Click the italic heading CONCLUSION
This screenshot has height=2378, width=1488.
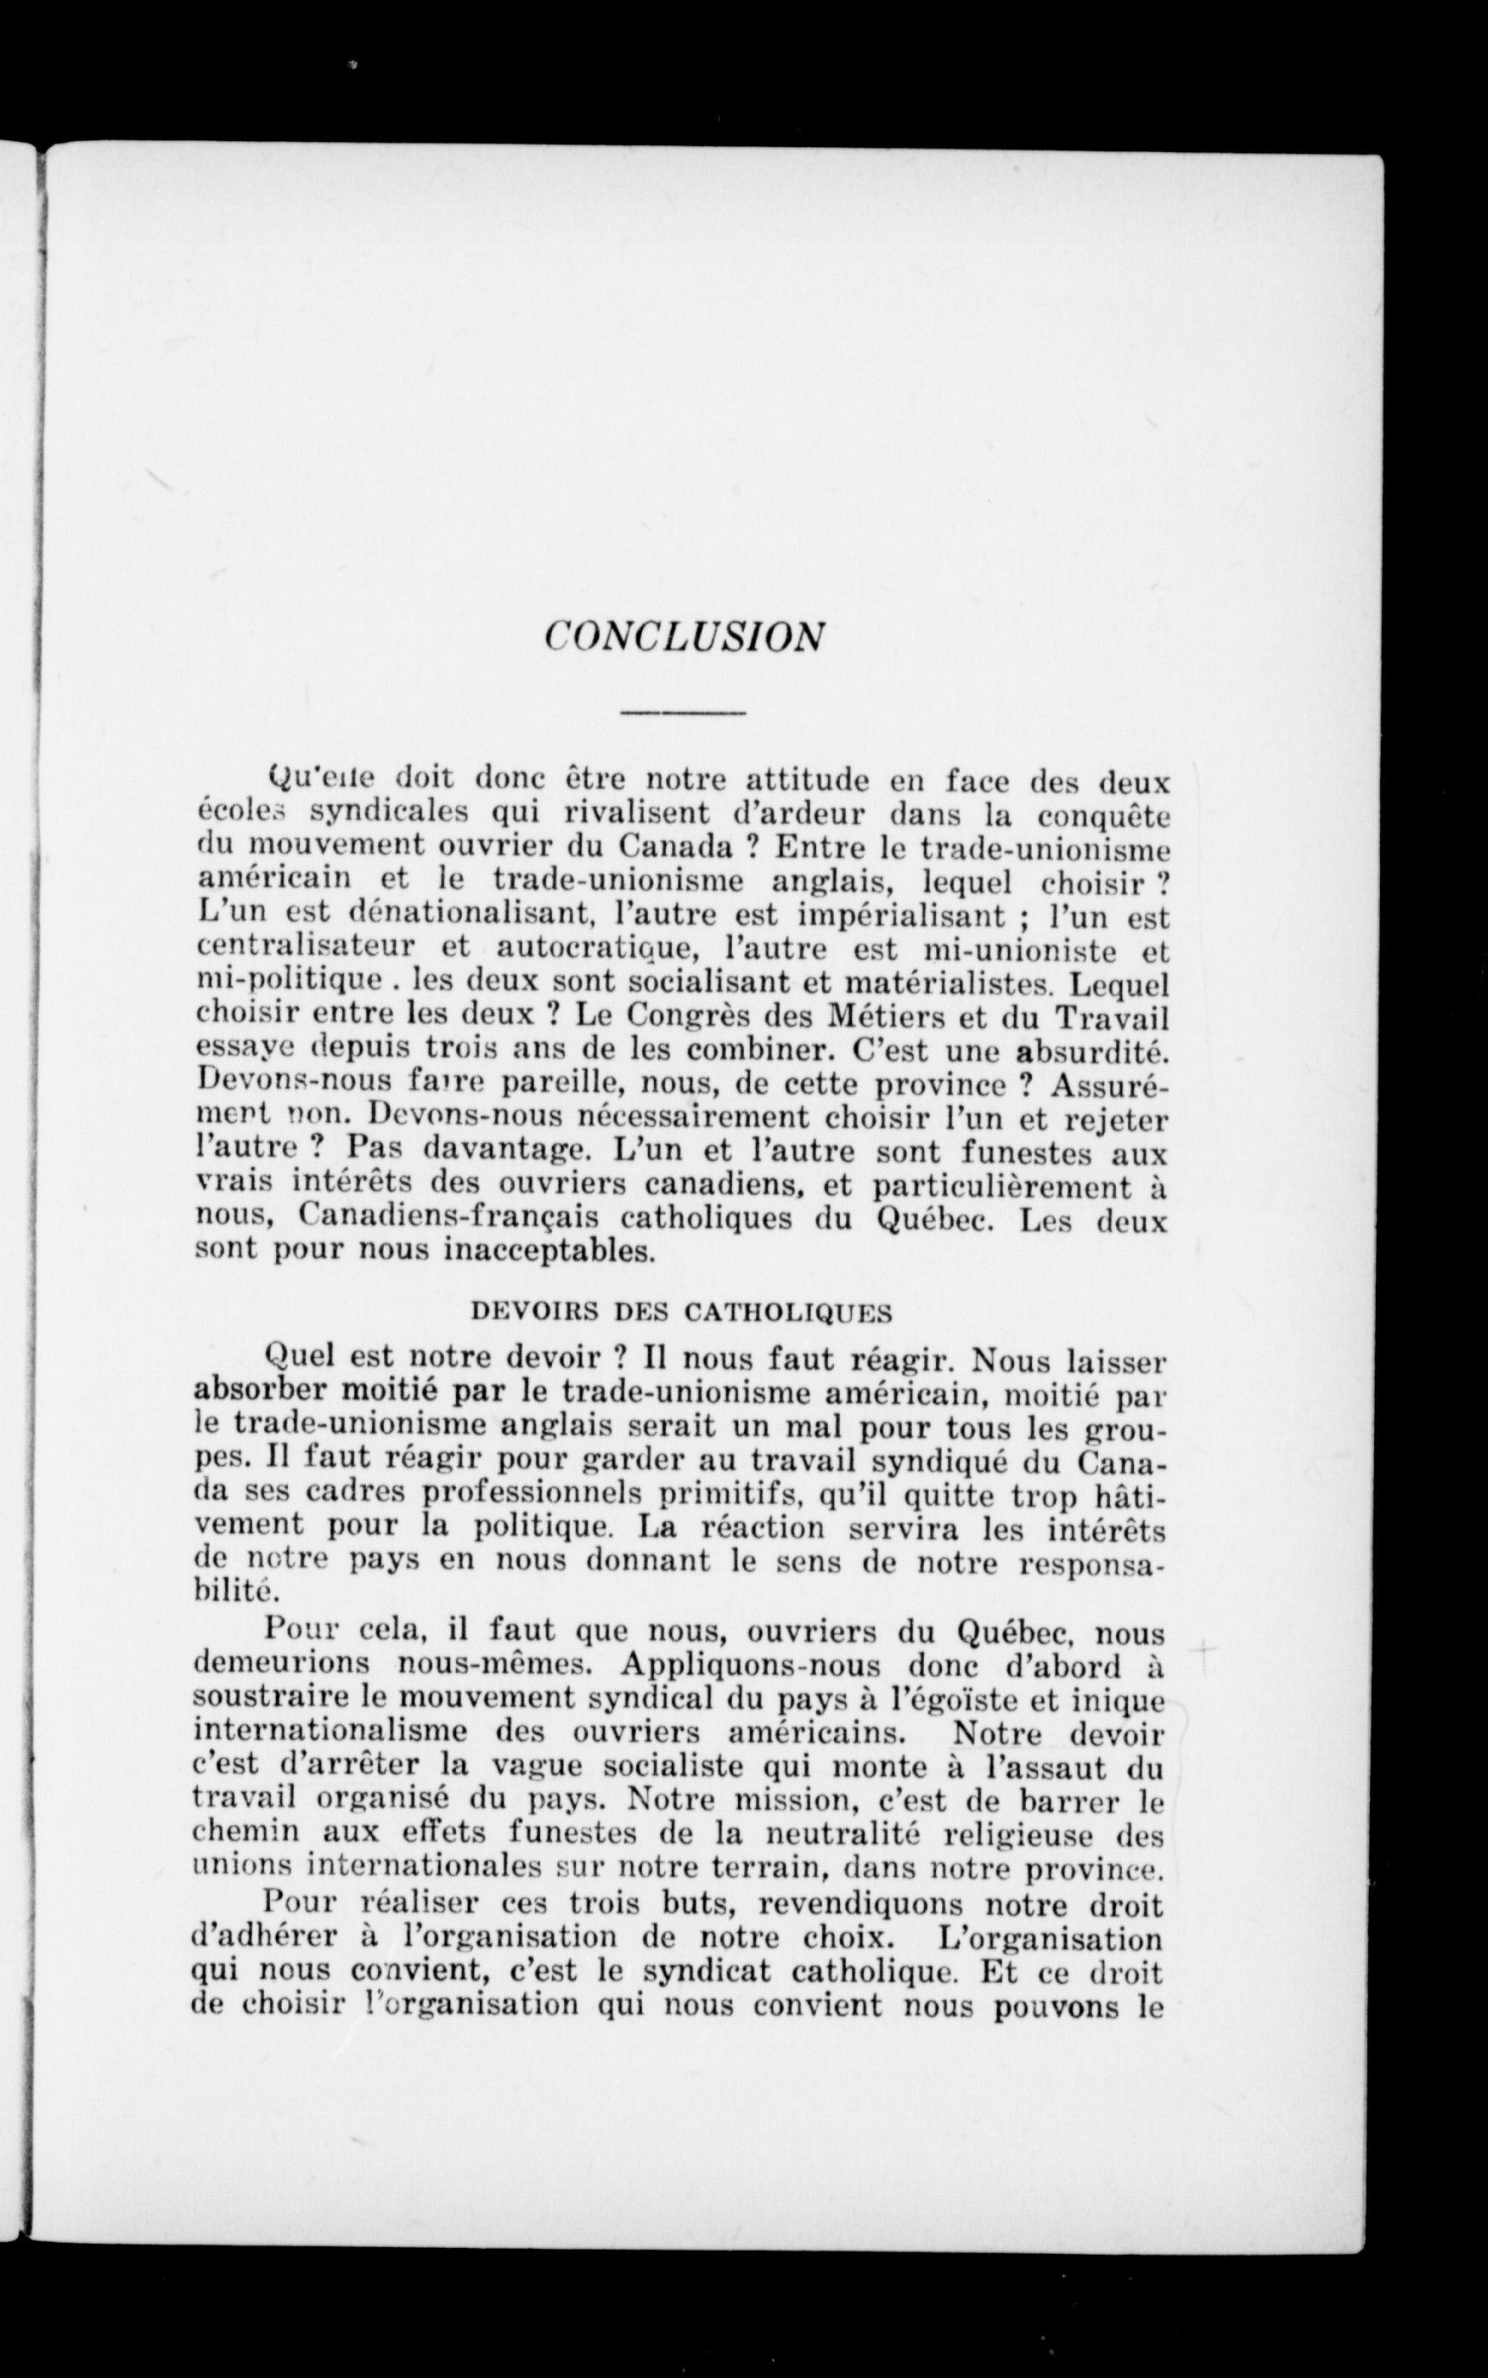[x=684, y=638]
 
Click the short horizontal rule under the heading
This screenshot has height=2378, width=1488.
[x=683, y=713]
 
